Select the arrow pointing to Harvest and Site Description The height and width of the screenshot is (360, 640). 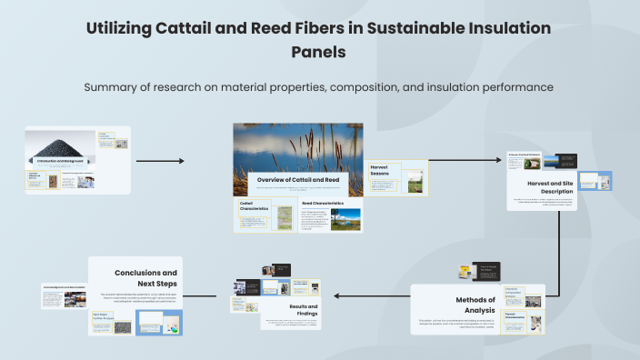click(465, 161)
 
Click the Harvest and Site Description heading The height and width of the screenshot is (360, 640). click(543, 187)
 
